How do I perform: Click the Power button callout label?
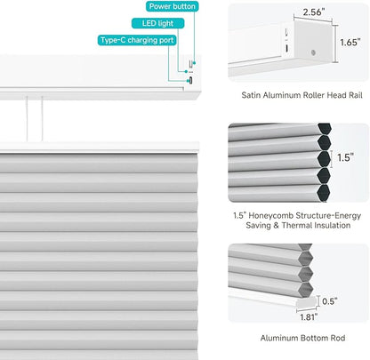click(x=173, y=6)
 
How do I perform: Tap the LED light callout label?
click(x=157, y=23)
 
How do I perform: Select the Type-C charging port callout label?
click(x=137, y=40)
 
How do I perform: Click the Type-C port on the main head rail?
click(x=190, y=80)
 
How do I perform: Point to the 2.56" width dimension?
click(x=314, y=12)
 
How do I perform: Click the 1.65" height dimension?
click(x=350, y=43)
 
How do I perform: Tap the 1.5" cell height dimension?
click(x=345, y=157)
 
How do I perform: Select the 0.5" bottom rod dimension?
click(x=330, y=301)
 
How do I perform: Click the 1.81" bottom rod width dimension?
click(x=309, y=317)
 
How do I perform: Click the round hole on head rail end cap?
click(x=313, y=52)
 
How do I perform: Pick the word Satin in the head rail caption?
click(x=251, y=95)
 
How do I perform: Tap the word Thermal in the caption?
click(x=297, y=226)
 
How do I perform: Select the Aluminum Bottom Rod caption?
click(x=302, y=338)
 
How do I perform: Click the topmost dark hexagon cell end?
click(x=324, y=128)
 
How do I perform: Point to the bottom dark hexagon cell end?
click(x=324, y=194)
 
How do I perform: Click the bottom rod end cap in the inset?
click(x=307, y=302)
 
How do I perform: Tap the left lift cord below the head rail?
click(x=27, y=118)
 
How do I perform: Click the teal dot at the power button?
click(x=195, y=63)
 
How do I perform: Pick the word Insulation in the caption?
click(x=333, y=226)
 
